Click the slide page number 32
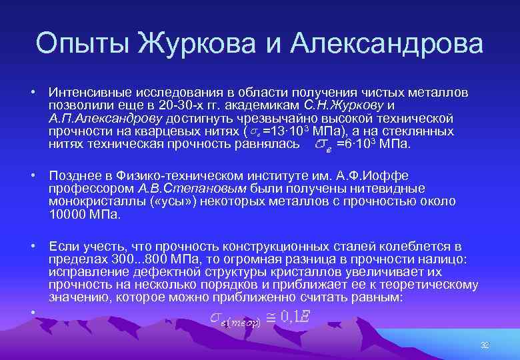(485, 345)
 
